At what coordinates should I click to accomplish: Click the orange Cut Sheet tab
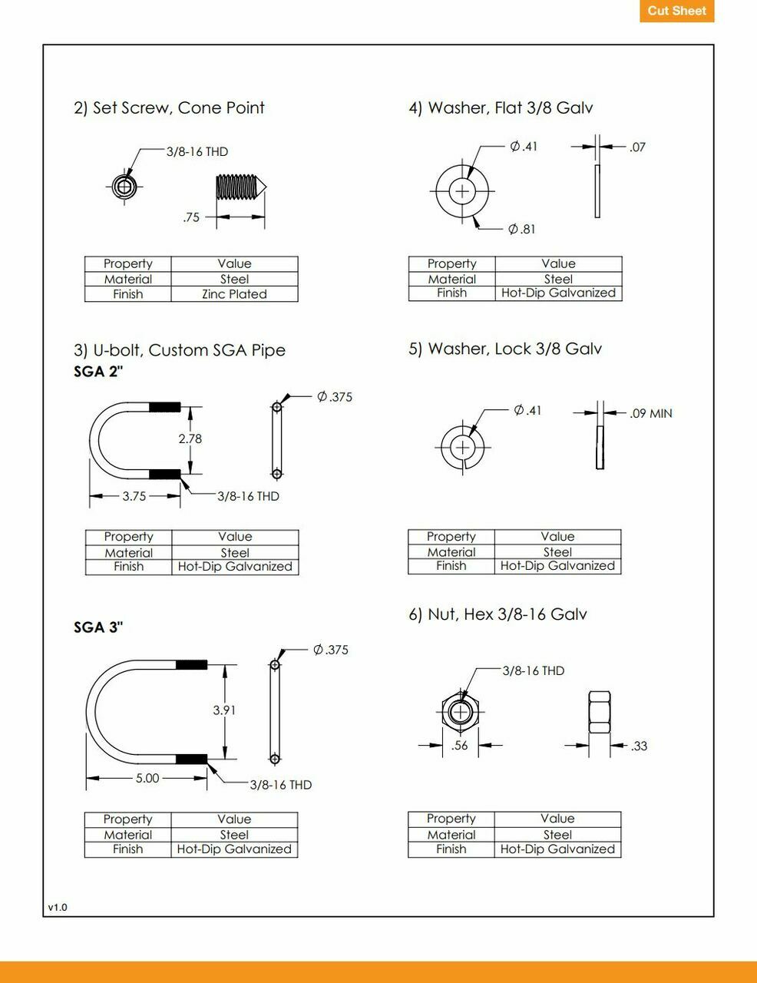(676, 11)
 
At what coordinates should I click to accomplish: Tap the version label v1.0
(58, 907)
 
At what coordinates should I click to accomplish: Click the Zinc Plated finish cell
(234, 294)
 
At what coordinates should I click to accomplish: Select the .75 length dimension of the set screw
(191, 217)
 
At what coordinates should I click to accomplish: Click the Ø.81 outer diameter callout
(522, 229)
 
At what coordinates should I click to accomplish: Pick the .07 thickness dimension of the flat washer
(637, 147)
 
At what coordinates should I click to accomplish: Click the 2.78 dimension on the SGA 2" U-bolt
(190, 439)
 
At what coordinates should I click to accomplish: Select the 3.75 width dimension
(134, 496)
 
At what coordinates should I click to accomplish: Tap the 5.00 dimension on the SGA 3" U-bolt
(147, 778)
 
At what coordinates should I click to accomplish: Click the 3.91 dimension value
(224, 710)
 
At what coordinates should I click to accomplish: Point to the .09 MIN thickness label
(650, 413)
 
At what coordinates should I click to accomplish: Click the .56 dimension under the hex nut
(460, 746)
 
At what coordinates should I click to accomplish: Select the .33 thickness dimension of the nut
(639, 746)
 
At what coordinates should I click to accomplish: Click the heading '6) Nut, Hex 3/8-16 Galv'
(498, 614)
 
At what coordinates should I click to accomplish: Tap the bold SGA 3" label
(98, 627)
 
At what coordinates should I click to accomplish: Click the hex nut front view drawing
(461, 711)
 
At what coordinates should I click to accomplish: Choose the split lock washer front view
(463, 447)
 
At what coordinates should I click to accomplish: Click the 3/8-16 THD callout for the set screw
(197, 151)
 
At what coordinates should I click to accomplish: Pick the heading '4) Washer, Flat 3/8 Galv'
(501, 108)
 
